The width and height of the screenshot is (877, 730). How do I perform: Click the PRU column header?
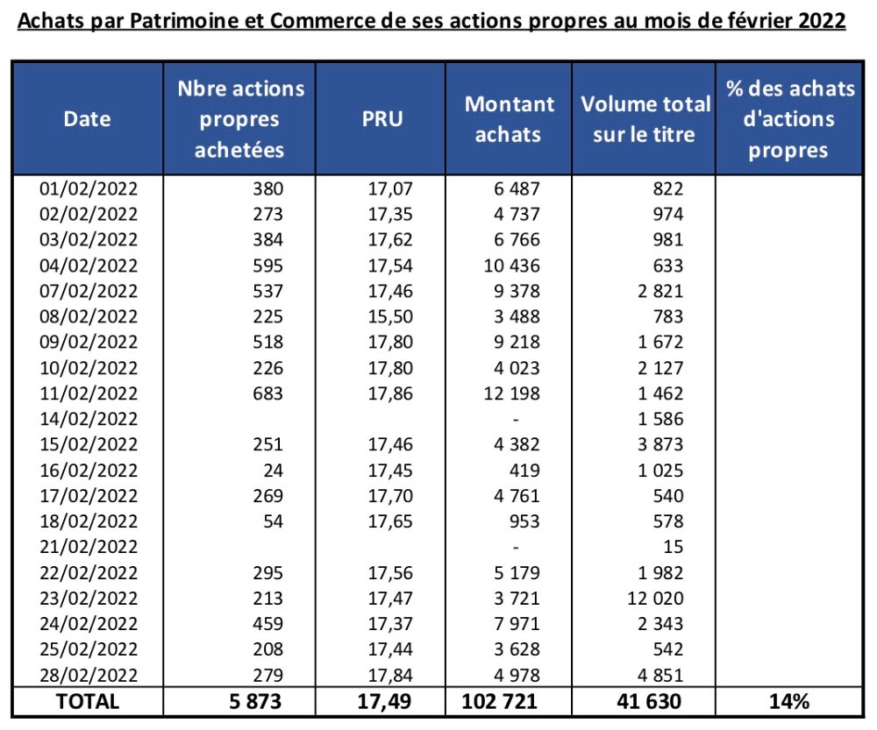click(x=382, y=118)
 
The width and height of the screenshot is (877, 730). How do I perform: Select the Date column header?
click(x=88, y=118)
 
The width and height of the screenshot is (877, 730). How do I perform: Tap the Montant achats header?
click(x=510, y=118)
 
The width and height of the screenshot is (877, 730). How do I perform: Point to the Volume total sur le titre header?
click(x=645, y=118)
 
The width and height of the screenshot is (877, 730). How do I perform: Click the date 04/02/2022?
click(x=89, y=265)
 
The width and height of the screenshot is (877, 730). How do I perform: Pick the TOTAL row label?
click(x=88, y=700)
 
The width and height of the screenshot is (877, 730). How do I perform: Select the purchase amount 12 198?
click(x=513, y=393)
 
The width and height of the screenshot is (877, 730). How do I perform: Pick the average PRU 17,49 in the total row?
click(x=383, y=700)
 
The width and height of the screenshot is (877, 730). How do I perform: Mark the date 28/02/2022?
click(x=89, y=675)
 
